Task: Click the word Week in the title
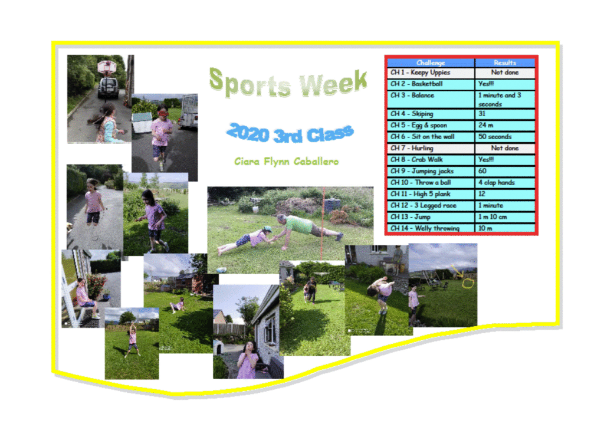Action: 334,83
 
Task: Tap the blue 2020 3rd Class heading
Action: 290,133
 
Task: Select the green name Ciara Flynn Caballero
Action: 287,162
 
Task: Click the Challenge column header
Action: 431,63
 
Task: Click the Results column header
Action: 505,63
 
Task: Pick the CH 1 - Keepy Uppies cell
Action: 431,73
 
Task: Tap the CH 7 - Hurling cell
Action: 431,148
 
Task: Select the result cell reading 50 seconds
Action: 505,137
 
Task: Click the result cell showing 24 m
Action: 505,126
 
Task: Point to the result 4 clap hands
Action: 505,182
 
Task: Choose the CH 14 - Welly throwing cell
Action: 431,228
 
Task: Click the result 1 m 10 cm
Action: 505,217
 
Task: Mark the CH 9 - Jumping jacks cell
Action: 431,171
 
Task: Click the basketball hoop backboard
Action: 107,67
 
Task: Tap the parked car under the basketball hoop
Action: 108,87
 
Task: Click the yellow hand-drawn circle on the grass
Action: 468,284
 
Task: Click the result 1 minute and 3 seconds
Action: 505,99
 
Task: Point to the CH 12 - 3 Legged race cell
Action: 431,205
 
